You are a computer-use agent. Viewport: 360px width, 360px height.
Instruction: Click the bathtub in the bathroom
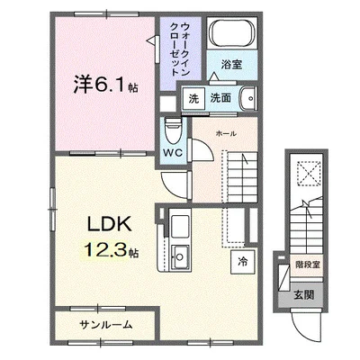point(231,35)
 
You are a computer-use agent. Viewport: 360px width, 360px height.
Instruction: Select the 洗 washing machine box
point(193,99)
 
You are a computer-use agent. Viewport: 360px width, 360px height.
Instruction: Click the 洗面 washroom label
point(221,99)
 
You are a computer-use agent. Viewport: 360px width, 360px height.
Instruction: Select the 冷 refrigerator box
point(242,262)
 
